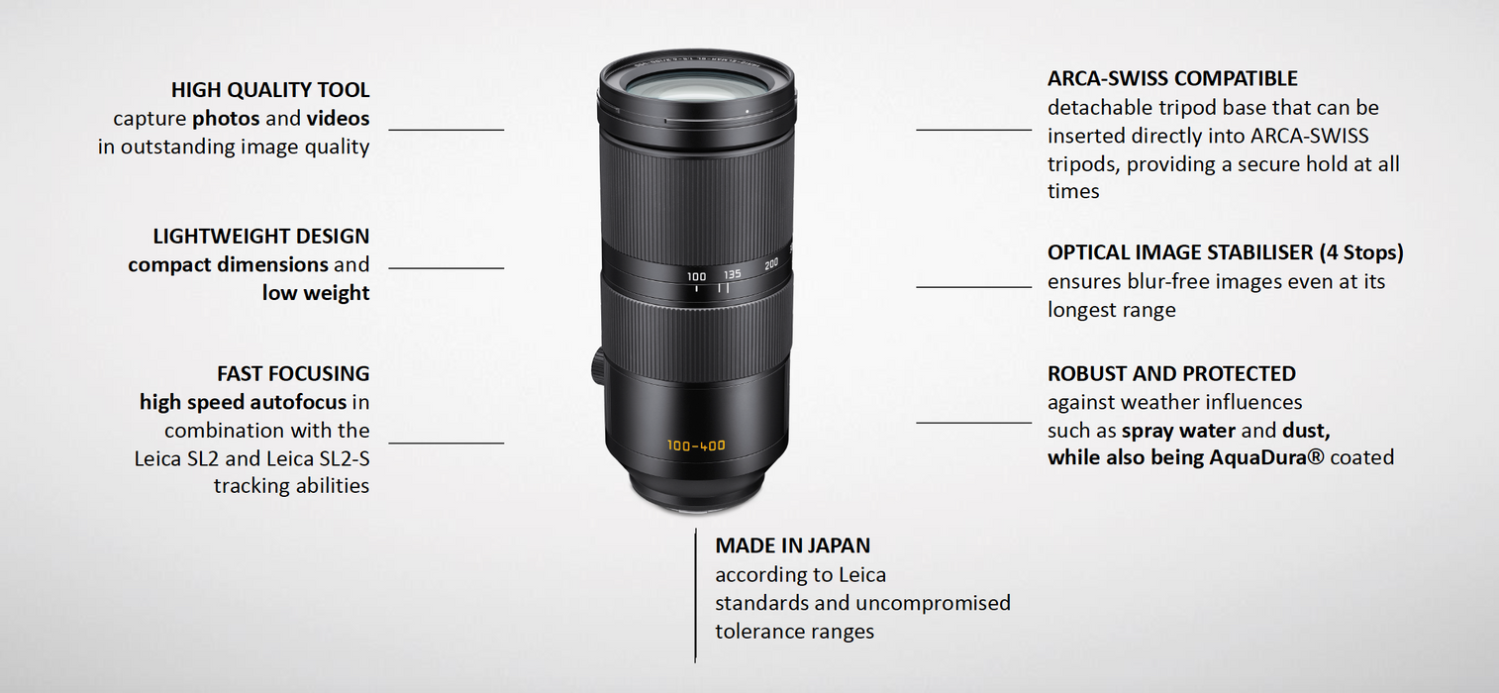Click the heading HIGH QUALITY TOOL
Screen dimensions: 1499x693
point(269,90)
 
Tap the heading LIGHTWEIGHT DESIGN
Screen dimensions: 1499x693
point(261,237)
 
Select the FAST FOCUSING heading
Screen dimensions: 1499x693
point(293,373)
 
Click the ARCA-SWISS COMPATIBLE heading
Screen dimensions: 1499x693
point(1172,78)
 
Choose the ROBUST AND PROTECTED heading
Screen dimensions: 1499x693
point(1171,373)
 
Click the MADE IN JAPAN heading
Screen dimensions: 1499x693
point(793,545)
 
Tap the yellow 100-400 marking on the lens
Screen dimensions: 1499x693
point(696,445)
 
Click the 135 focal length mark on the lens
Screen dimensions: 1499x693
point(732,274)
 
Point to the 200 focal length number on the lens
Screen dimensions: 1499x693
point(771,264)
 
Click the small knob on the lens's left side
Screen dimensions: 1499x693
point(598,367)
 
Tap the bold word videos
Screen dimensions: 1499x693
point(338,119)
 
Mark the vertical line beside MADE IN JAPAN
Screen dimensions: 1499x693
point(695,595)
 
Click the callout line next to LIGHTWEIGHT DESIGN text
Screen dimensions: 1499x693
point(447,268)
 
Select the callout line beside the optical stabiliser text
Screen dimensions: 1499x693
point(973,287)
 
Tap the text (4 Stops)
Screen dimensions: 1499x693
point(1361,252)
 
